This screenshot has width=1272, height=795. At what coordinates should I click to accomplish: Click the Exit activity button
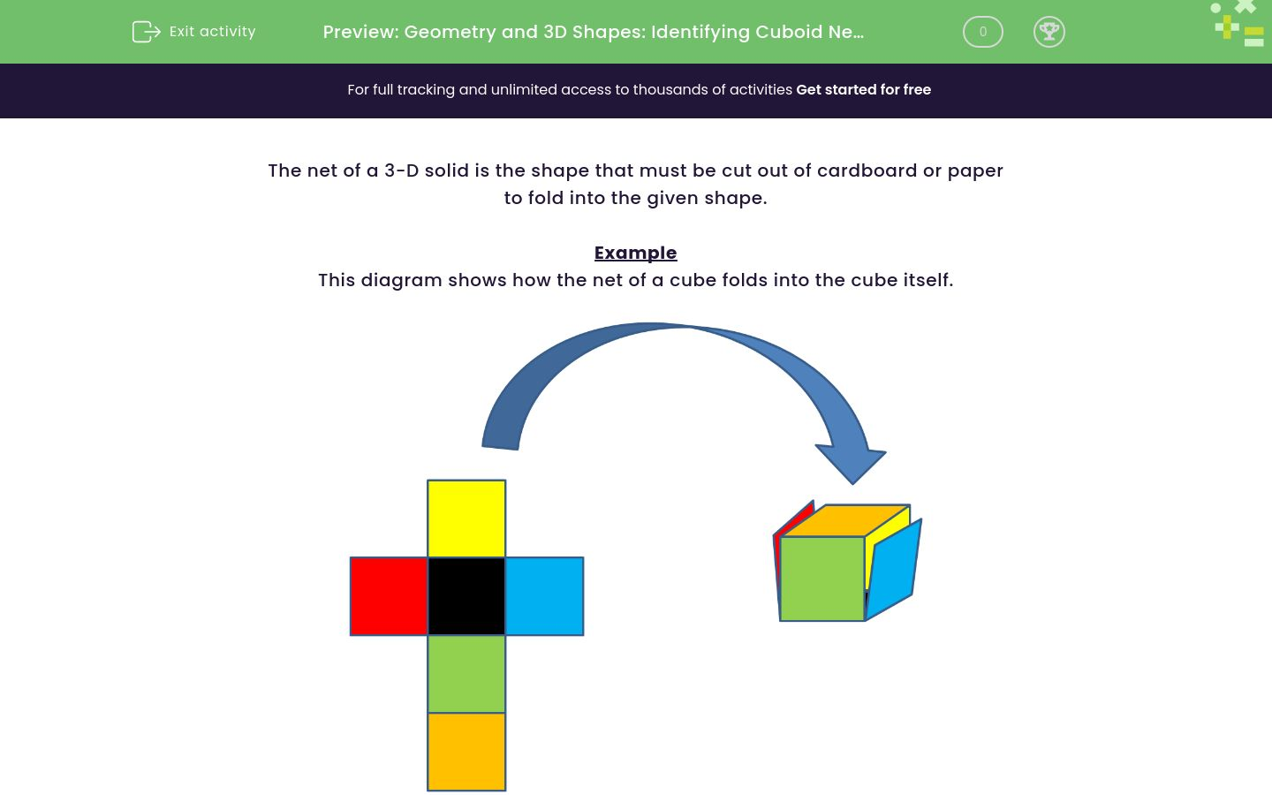194,32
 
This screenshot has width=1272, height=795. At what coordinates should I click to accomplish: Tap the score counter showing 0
982,32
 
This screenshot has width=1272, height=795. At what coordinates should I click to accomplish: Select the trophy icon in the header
1049,32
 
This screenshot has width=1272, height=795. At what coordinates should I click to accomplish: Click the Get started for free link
863,90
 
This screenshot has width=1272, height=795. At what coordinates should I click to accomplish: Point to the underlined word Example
635,253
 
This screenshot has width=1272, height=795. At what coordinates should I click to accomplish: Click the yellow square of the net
466,519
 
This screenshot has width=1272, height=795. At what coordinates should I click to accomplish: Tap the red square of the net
389,596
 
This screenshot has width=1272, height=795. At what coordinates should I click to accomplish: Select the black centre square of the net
466,596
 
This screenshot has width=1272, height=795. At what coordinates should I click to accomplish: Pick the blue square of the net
544,596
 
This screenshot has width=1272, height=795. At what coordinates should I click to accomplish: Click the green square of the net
466,674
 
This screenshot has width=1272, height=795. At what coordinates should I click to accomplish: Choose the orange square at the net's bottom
466,752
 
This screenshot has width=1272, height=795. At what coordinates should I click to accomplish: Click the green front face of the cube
821,579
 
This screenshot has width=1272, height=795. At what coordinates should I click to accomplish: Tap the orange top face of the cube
845,520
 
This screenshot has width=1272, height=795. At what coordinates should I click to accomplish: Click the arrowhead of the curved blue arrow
851,461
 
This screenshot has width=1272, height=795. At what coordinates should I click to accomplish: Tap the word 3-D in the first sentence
401,170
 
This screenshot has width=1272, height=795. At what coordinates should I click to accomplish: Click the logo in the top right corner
1239,24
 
